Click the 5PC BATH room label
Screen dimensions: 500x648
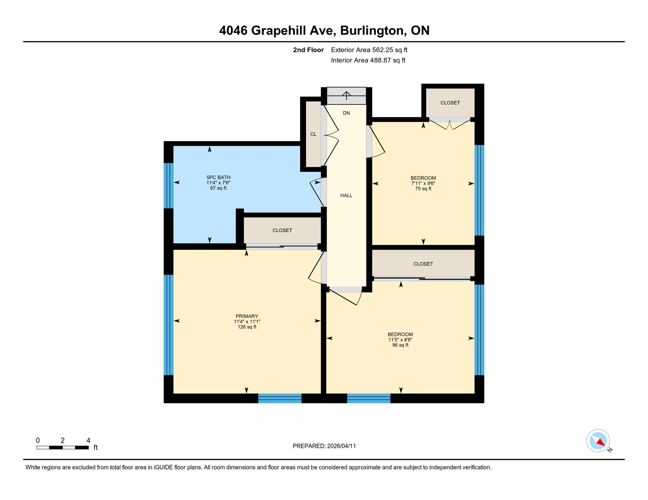point(218,177)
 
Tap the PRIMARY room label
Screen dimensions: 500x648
point(247,316)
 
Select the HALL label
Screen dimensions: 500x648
point(346,195)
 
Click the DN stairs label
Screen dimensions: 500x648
point(346,113)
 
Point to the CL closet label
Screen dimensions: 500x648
point(313,134)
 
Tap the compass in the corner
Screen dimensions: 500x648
point(598,441)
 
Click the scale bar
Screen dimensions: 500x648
point(62,448)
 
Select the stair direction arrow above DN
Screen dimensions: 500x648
point(346,96)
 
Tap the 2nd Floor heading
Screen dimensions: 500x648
point(308,50)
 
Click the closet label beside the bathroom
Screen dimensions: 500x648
point(282,230)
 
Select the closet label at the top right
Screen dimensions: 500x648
point(450,103)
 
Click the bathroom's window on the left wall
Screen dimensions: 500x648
point(168,186)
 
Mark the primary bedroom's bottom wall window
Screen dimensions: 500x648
point(280,398)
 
